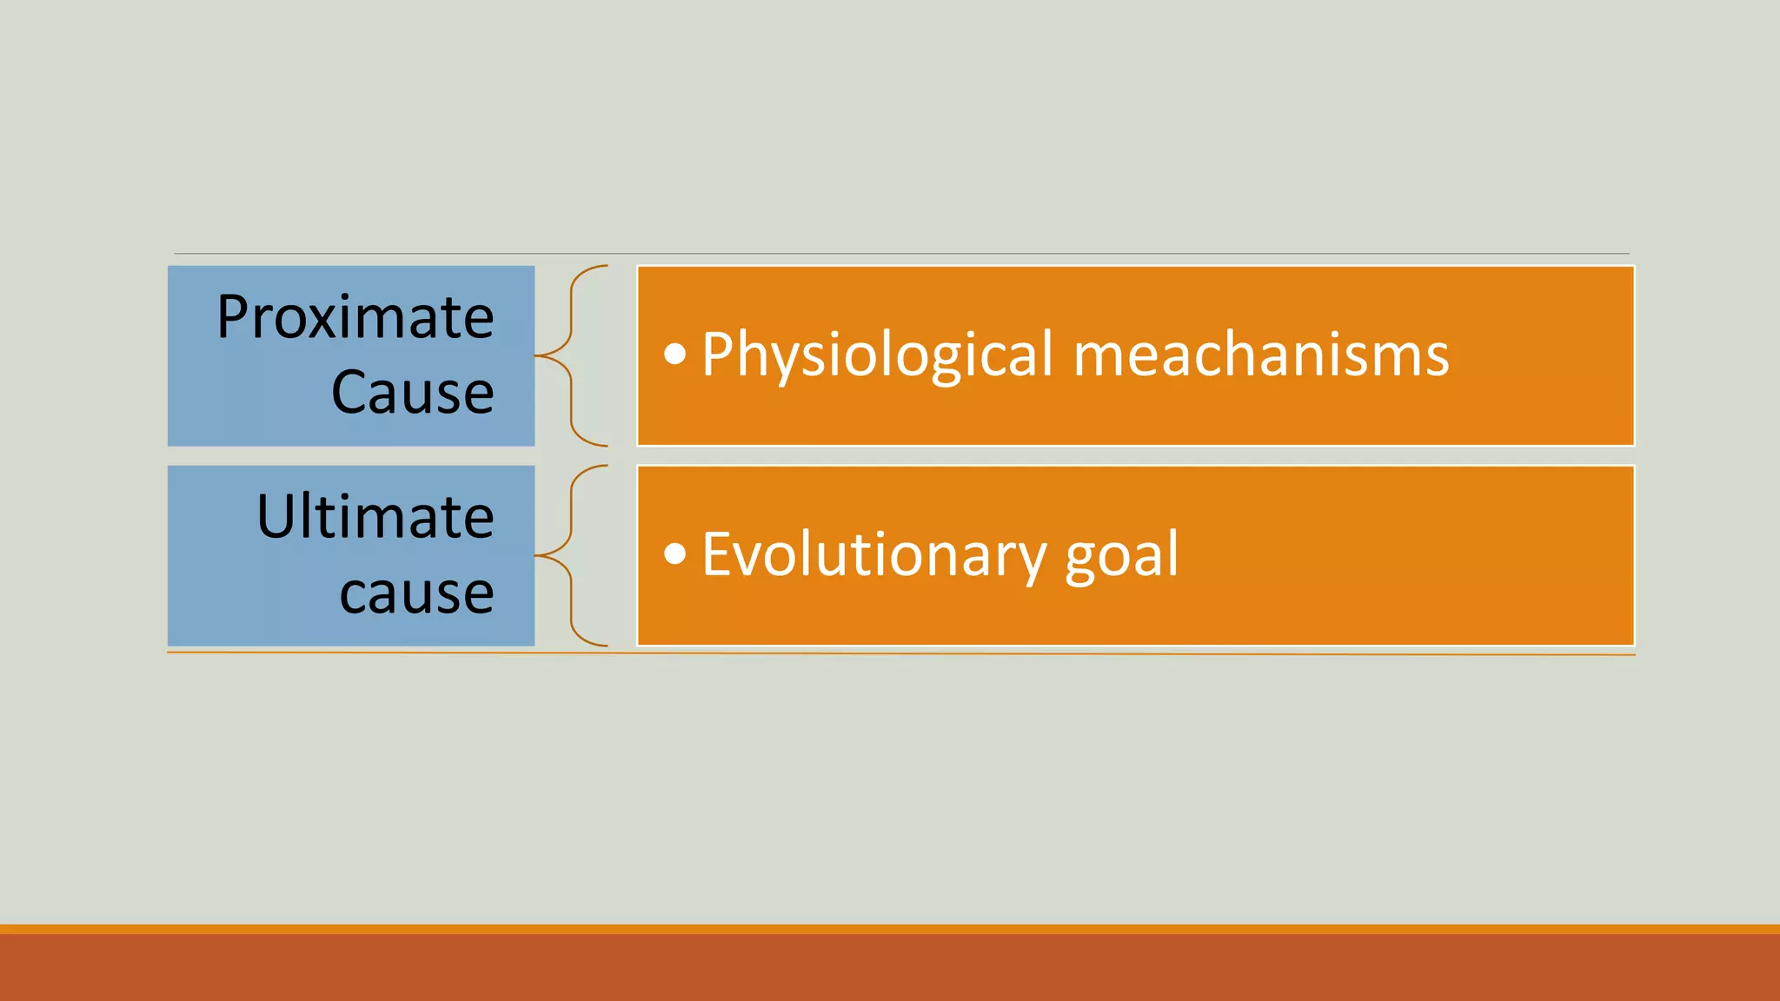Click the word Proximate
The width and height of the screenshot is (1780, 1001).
[x=355, y=318]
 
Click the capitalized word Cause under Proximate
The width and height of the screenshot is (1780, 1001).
[x=412, y=393]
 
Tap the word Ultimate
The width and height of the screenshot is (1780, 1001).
[x=375, y=518]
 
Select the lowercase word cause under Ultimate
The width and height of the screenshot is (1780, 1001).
[x=416, y=593]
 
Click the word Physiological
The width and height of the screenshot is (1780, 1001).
[x=877, y=356]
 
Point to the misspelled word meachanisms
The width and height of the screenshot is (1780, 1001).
[x=1260, y=356]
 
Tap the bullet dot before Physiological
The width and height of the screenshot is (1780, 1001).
[x=675, y=355]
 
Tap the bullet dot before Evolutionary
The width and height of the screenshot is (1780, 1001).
[x=675, y=554]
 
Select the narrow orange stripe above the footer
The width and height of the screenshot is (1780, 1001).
[x=890, y=929]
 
